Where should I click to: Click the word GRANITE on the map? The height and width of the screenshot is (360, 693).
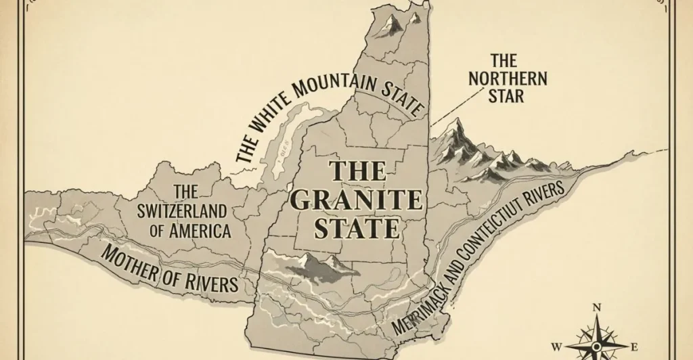pyautogui.click(x=355, y=199)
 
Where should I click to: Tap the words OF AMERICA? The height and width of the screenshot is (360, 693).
pyautogui.click(x=190, y=230)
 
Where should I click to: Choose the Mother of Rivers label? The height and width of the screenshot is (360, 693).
pyautogui.click(x=169, y=269)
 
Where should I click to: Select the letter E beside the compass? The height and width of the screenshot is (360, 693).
pyautogui.click(x=633, y=347)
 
